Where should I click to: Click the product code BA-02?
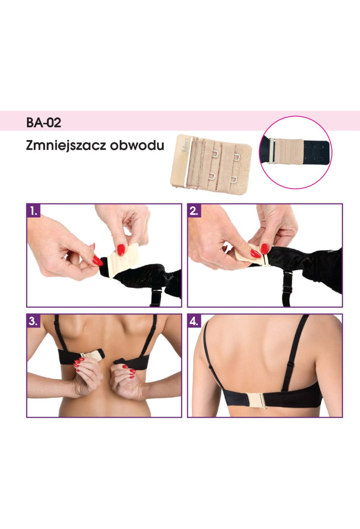point(44,122)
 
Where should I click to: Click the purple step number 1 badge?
point(33,210)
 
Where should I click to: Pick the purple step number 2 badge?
point(194,210)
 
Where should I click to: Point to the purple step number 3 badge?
point(33,321)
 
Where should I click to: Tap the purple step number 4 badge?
point(194,321)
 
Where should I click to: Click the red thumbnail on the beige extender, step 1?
point(121,250)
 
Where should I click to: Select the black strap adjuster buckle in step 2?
point(287,281)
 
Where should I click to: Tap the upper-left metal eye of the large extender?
point(216,154)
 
